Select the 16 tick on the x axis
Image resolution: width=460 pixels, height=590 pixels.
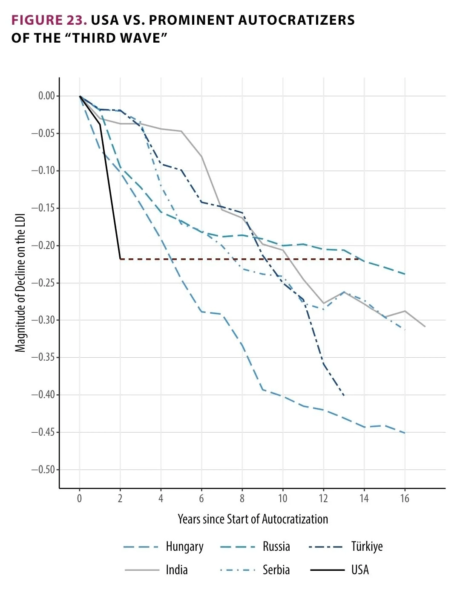click(x=405, y=498)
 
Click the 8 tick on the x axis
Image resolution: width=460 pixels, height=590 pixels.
click(x=242, y=498)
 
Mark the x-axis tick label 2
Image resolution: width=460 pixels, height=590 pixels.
click(x=120, y=498)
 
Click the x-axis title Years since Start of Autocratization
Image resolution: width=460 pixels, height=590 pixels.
click(x=253, y=519)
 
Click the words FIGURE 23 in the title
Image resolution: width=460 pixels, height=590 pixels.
click(x=49, y=20)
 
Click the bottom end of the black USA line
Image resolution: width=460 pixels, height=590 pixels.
click(x=120, y=259)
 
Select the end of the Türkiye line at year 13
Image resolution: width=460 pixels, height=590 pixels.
click(x=344, y=396)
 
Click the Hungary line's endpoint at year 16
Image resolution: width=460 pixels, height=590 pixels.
click(x=405, y=433)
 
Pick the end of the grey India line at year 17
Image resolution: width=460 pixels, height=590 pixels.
click(x=425, y=327)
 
